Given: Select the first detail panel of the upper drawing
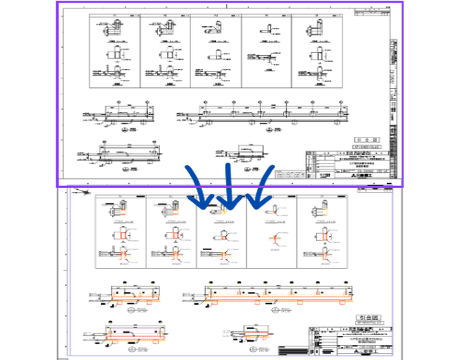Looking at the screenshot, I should pos(114,51).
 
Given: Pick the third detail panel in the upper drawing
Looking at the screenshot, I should pos(216,51).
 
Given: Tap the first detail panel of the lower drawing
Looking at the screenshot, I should pos(120,232).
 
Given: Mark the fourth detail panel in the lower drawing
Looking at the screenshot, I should pos(272,232).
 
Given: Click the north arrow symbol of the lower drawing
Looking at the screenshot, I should pos(81,192).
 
